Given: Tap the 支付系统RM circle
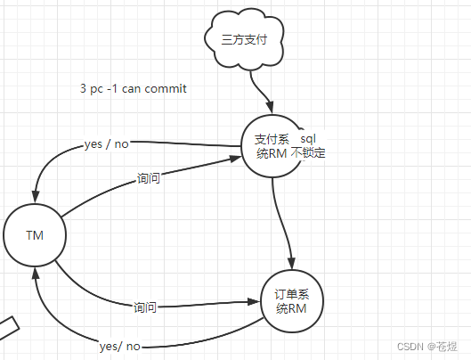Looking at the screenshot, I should pos(272,145).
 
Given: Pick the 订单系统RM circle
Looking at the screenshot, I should pos(291,301).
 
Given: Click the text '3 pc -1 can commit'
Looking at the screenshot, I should pos(133,90).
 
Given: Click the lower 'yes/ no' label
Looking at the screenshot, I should pos(120,346).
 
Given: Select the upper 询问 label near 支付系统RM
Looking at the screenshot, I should pos(149,178).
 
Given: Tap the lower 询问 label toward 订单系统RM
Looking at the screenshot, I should pos(145,307).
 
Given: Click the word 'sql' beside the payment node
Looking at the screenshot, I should pos(307,139).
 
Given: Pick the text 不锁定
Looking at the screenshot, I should pos(308,153).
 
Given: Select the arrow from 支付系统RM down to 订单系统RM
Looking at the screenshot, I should pos(283,223).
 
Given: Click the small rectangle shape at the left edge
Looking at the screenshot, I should pos(6,327).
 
